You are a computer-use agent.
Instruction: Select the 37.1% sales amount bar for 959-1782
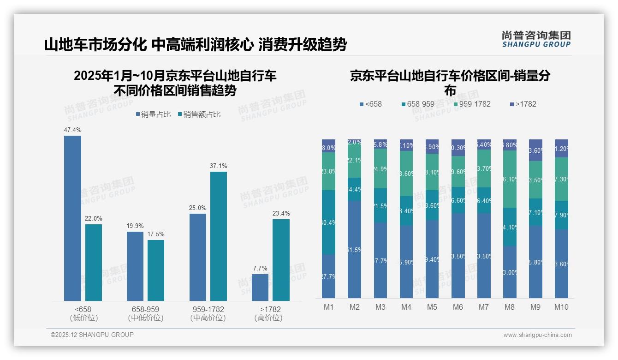point(219,236)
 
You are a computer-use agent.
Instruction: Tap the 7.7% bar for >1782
point(260,288)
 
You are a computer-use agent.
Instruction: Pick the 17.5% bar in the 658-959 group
point(156,270)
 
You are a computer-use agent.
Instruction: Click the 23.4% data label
point(281,213)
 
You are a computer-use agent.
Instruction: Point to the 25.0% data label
point(197,208)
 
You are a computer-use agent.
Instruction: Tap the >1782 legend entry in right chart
point(523,104)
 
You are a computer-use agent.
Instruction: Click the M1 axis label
point(328,307)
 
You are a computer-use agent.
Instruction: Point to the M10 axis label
point(561,307)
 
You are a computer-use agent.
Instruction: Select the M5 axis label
point(432,307)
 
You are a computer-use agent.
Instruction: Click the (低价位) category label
point(84,318)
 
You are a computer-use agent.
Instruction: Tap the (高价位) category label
point(268,318)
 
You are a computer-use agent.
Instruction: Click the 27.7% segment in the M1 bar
point(328,276)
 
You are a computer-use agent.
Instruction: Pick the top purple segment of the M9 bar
point(535,150)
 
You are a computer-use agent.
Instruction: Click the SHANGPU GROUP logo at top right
point(536,39)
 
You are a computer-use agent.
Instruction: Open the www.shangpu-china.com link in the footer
point(537,335)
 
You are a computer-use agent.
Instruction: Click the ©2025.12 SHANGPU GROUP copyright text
point(92,335)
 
